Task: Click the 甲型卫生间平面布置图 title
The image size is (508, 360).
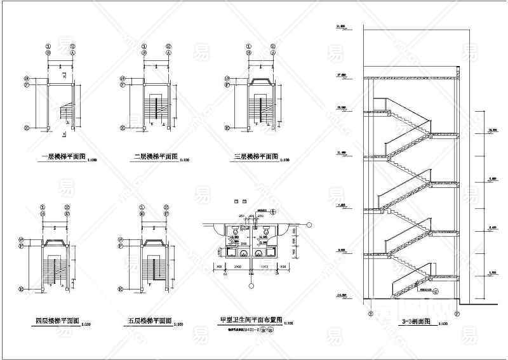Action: coord(250,321)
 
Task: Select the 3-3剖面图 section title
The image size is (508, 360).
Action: coord(417,322)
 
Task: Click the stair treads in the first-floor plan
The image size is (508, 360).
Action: coord(65,113)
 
